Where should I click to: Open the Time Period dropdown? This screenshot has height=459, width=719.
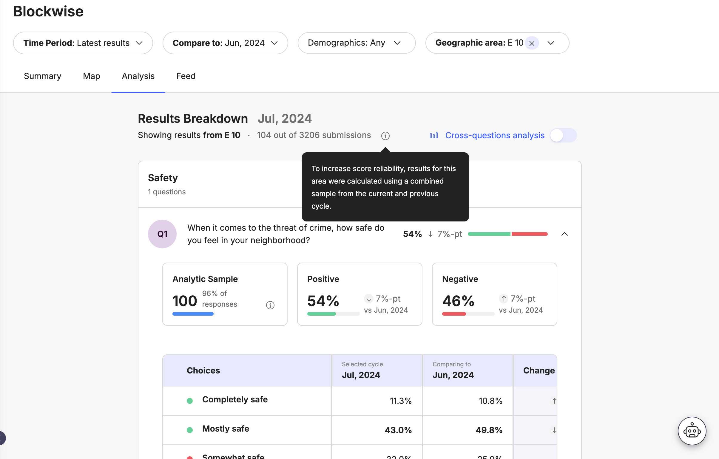(83, 43)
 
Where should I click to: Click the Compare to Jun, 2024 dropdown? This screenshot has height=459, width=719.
(225, 43)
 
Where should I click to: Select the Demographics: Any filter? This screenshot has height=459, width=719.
(356, 43)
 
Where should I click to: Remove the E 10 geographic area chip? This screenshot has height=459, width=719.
(532, 43)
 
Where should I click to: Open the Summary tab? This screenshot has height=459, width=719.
(42, 76)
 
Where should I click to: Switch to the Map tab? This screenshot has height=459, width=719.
(91, 76)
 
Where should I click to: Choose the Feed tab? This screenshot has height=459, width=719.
(186, 76)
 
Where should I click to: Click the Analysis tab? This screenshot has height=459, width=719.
(138, 76)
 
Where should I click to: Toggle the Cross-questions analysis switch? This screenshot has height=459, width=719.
(563, 135)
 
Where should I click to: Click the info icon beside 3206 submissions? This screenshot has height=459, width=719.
(385, 136)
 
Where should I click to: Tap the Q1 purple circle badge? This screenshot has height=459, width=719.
(162, 234)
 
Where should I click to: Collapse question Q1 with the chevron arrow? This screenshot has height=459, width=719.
(564, 234)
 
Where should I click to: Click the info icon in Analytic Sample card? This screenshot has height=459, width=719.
(270, 305)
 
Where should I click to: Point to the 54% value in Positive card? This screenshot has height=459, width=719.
(323, 301)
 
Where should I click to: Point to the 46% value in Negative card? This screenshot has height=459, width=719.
(458, 301)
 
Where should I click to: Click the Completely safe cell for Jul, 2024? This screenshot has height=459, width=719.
(400, 401)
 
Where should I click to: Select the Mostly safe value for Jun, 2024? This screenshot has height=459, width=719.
(489, 430)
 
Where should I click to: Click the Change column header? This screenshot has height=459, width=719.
(539, 370)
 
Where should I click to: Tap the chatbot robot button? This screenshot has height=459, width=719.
(692, 431)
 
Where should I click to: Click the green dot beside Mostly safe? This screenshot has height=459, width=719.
(190, 430)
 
